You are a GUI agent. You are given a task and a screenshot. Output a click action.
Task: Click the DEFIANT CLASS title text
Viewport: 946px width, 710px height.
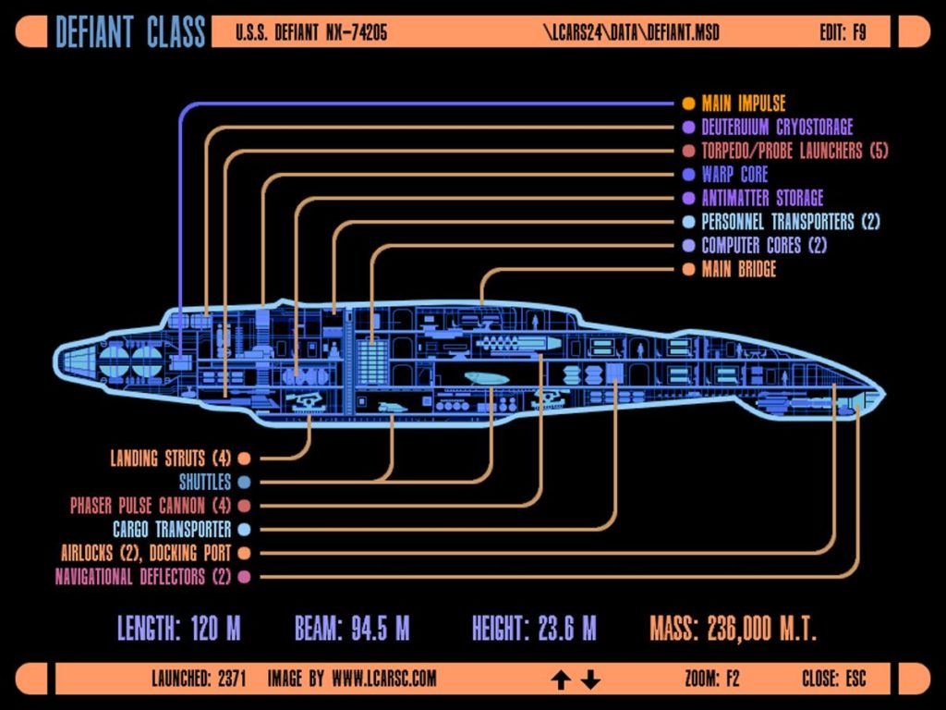click(x=129, y=32)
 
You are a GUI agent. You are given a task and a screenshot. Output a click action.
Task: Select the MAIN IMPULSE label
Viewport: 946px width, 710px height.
click(x=743, y=104)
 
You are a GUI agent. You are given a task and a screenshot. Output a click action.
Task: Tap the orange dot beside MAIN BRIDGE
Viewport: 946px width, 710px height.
click(x=687, y=270)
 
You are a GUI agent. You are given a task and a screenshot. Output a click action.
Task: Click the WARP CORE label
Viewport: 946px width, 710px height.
click(x=734, y=174)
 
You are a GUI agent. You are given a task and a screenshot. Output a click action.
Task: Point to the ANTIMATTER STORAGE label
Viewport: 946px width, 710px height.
click(x=762, y=198)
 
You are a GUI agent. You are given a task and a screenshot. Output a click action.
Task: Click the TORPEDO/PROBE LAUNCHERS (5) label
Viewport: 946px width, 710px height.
click(x=794, y=151)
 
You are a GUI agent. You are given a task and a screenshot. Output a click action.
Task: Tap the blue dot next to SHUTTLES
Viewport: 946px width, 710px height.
click(x=244, y=483)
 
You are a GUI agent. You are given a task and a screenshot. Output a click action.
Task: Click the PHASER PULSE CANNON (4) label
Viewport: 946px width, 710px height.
click(x=150, y=507)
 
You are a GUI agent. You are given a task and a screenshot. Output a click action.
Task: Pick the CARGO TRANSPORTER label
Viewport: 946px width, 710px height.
click(x=172, y=530)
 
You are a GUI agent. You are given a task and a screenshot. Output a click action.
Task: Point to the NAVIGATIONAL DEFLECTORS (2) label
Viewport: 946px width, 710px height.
click(x=142, y=577)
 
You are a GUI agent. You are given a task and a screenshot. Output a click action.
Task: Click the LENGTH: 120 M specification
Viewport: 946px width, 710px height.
click(x=178, y=630)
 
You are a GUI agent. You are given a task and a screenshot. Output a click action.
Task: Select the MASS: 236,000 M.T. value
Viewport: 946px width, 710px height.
click(x=733, y=630)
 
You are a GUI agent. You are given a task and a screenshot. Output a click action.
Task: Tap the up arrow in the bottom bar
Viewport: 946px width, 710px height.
click(x=561, y=681)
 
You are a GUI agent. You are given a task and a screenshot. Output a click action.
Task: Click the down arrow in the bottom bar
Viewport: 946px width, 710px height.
click(x=591, y=681)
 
